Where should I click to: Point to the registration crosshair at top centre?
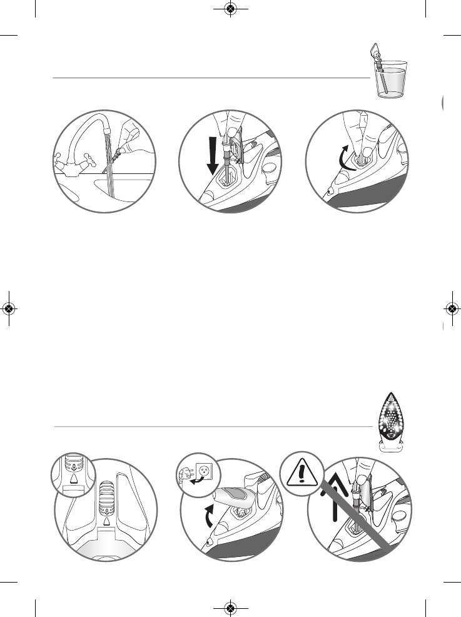[230, 9]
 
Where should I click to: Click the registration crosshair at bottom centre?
[230, 608]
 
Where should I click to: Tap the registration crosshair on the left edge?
[9, 308]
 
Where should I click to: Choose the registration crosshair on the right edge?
[452, 308]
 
